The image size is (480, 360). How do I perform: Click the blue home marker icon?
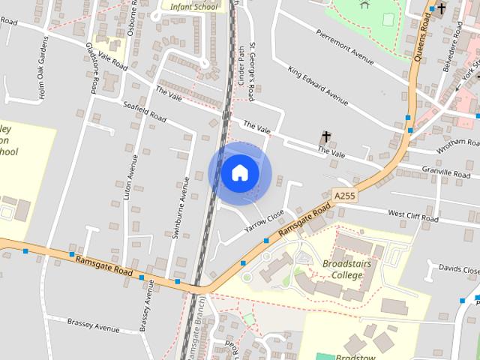pos(239,172)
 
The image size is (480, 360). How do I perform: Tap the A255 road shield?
pos(344,196)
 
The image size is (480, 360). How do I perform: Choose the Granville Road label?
pos(445,172)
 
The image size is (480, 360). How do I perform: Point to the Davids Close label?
pos(458,268)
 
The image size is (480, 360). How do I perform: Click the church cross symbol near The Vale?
pos(326,137)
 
